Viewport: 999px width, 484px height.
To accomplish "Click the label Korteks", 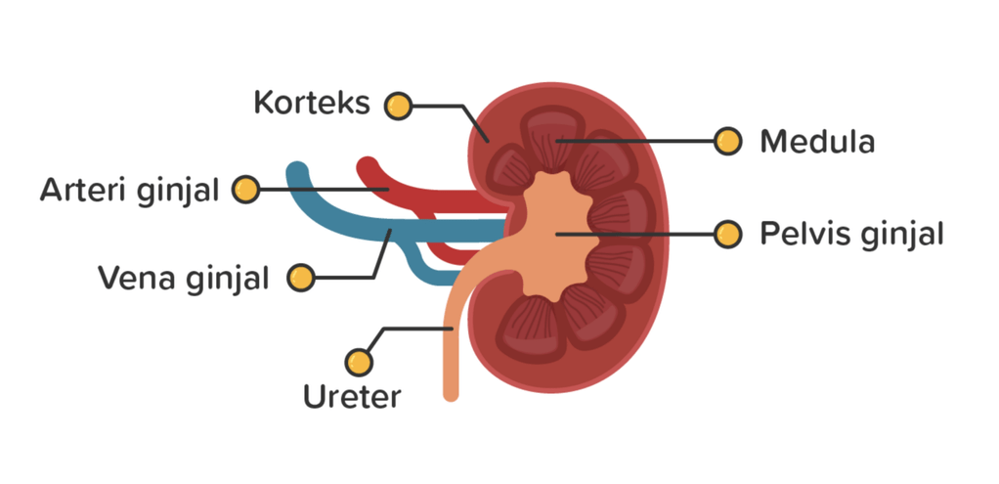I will click(312, 103).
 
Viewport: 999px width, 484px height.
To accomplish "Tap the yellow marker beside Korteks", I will click(397, 106).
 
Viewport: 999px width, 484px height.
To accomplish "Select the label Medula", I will click(817, 142).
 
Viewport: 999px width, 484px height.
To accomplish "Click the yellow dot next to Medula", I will click(725, 141).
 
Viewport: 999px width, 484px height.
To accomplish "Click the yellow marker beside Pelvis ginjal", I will click(725, 235).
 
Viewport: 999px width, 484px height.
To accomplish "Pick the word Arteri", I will click(86, 190).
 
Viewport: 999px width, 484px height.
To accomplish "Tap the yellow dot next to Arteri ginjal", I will click(245, 190).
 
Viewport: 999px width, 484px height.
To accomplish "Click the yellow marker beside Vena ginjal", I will click(301, 278).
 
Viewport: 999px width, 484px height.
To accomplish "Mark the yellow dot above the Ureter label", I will click(362, 363).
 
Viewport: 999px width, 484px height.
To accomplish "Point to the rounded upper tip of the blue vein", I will click(297, 172).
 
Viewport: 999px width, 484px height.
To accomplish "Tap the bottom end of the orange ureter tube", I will click(451, 394).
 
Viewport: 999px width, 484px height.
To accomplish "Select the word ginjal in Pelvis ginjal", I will click(899, 236).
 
